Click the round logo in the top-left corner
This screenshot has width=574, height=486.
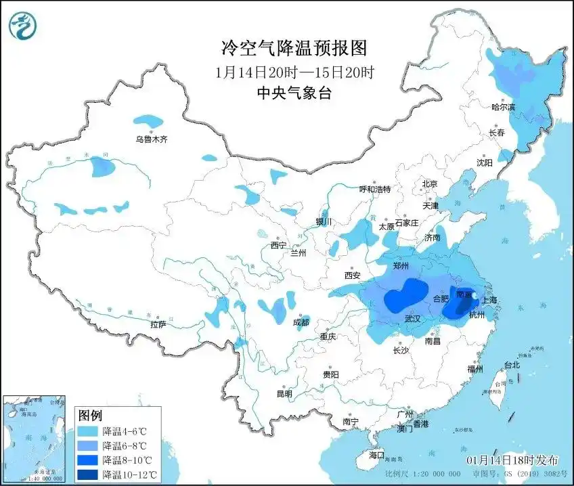[22, 26]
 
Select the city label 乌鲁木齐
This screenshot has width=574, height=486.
[150, 139]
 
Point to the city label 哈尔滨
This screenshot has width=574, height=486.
[503, 107]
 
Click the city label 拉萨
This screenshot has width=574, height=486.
[158, 325]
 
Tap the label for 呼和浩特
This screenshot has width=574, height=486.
[374, 190]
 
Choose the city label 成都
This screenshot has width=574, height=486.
[301, 322]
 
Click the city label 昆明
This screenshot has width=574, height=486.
[284, 394]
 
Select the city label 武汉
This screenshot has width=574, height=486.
[412, 318]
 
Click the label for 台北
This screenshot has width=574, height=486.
[512, 365]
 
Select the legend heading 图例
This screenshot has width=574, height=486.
[89, 415]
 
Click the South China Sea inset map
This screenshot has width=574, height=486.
[34, 439]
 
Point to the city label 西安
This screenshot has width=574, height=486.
[353, 275]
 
